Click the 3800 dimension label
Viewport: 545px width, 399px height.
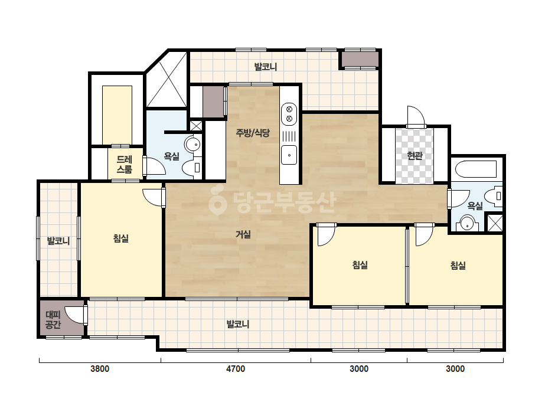pyautogui.click(x=100, y=369)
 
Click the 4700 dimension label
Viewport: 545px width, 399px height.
pyautogui.click(x=236, y=369)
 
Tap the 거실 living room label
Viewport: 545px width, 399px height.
pyautogui.click(x=243, y=234)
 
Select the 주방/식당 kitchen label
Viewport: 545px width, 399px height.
pyautogui.click(x=253, y=132)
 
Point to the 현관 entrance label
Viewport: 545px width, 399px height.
pyautogui.click(x=415, y=155)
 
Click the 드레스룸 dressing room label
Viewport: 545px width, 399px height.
pyautogui.click(x=125, y=165)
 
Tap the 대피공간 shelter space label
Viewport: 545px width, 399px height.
pyautogui.click(x=53, y=320)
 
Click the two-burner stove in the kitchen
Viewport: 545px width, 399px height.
pyautogui.click(x=289, y=114)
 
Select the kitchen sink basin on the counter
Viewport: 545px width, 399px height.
pyautogui.click(x=289, y=155)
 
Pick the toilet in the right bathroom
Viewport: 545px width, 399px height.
pyautogui.click(x=494, y=196)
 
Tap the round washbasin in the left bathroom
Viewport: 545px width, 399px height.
pyautogui.click(x=192, y=144)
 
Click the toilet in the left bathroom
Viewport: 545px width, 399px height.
pyautogui.click(x=192, y=168)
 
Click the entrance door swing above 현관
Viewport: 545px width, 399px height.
pyautogui.click(x=416, y=117)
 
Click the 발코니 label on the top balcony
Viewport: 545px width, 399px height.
pyautogui.click(x=266, y=67)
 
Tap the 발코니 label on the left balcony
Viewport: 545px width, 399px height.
pyautogui.click(x=58, y=241)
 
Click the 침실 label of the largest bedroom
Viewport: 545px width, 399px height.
pyautogui.click(x=121, y=238)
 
